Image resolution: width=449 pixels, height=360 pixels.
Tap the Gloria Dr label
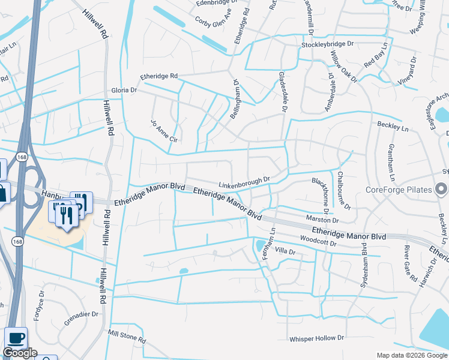[124, 91]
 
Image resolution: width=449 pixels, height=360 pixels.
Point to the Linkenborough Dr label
[245, 181]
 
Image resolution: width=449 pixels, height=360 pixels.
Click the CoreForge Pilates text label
[399, 190]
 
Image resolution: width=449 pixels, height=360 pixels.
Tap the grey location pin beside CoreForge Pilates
[442, 190]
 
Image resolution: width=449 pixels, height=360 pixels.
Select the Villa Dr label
[286, 252]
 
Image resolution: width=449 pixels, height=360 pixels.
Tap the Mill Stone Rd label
[127, 336]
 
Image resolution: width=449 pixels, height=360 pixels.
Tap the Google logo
[20, 353]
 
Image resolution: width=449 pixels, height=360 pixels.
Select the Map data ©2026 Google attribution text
[412, 355]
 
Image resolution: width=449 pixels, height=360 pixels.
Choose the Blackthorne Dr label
[319, 195]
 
